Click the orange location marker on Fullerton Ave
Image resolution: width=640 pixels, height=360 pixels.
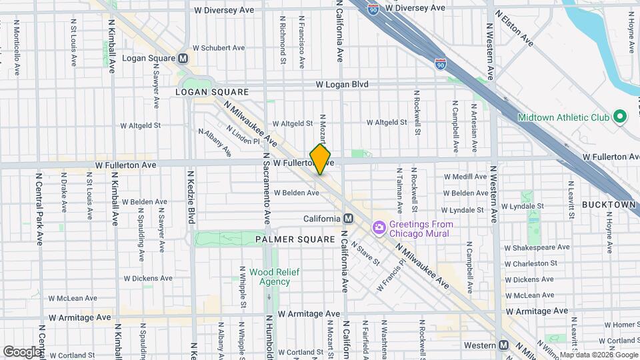click(321, 159)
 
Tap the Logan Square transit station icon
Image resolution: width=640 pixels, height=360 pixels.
click(183, 58)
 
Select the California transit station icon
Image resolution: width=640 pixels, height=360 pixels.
click(348, 219)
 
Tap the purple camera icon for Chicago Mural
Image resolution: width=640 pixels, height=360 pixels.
click(379, 229)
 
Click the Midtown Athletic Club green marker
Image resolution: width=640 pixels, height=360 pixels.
click(619, 117)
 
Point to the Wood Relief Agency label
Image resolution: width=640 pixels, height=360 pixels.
click(270, 277)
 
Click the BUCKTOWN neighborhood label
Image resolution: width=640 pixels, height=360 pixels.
click(608, 204)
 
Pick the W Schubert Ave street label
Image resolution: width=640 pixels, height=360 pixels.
click(219, 48)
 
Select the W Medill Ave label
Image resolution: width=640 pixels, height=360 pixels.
click(467, 177)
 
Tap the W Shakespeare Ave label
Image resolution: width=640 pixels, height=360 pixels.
click(537, 247)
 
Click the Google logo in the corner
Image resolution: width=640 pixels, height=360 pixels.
click(22, 351)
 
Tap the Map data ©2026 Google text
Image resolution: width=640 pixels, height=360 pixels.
click(597, 355)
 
